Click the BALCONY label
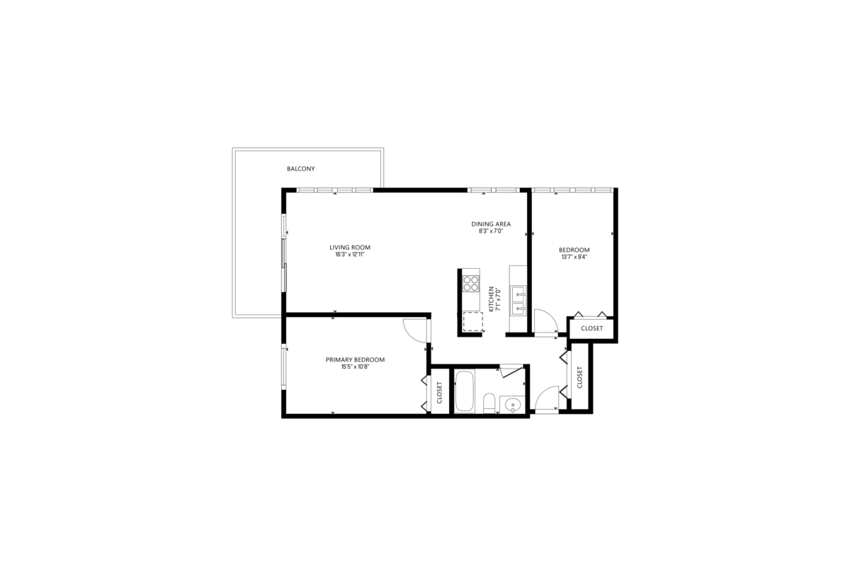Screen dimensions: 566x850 300,169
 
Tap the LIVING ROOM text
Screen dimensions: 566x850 350,248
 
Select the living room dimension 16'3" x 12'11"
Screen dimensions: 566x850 350,255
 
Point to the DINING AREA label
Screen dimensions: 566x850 491,224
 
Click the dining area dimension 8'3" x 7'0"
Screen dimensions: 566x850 491,231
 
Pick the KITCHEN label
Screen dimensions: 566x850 491,299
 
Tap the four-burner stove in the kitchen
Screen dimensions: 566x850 471,284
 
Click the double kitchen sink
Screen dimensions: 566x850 518,300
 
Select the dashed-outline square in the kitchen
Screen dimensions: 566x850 472,323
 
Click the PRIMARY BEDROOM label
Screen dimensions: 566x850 355,359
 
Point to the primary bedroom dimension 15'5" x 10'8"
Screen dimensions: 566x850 355,366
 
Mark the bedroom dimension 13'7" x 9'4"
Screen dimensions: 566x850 574,257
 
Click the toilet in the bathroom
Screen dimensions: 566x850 489,404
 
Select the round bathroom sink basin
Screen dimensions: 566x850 514,405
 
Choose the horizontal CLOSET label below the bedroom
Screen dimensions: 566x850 591,329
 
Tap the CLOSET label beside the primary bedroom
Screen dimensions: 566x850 439,393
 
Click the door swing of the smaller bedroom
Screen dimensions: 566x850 544,321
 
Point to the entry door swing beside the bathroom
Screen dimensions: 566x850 547,400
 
